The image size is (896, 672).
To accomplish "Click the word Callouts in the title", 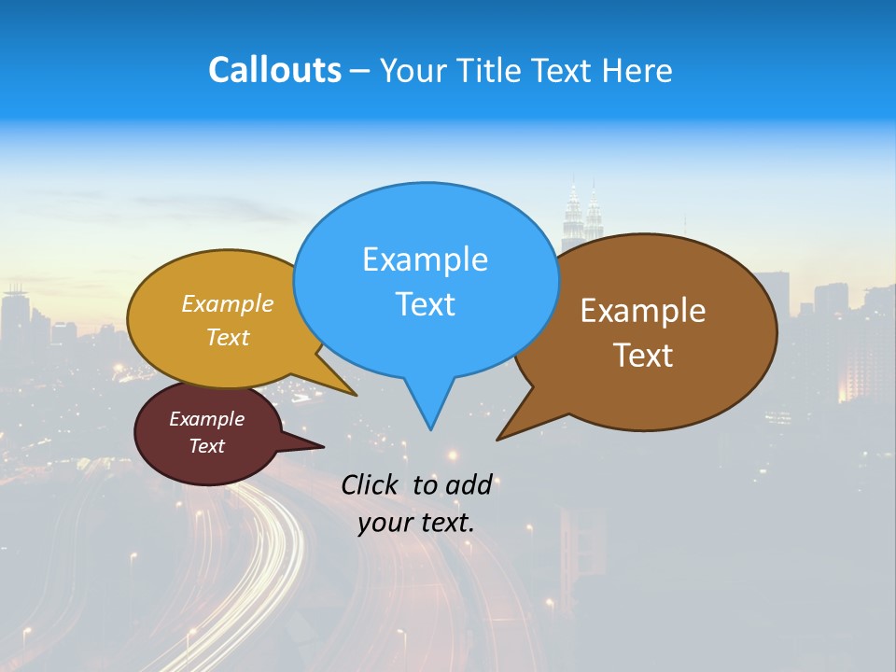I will [x=274, y=70].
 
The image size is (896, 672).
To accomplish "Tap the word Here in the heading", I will [x=638, y=70].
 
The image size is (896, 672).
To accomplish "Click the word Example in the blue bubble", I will [x=425, y=259].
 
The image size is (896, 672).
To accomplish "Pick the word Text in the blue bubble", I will [x=425, y=303].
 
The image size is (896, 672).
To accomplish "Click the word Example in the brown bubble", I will [x=643, y=311].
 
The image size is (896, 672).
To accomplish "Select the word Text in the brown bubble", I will [x=643, y=355].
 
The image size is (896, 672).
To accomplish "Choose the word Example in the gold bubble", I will [x=228, y=304].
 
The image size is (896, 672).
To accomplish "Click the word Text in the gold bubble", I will [x=228, y=337].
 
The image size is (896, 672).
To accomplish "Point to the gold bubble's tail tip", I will [x=355, y=395].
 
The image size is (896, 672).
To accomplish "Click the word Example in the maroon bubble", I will [x=206, y=419].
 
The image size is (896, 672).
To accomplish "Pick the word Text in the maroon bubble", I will [x=206, y=446].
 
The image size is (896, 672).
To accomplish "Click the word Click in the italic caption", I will [x=369, y=484].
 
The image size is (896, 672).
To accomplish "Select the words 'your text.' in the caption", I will [x=416, y=523].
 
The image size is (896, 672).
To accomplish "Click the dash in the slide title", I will [x=360, y=71].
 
